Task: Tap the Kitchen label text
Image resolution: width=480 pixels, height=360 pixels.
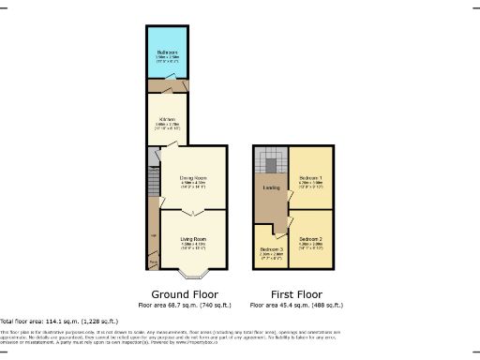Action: coord(168,119)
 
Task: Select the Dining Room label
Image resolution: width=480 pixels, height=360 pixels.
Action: coord(193,177)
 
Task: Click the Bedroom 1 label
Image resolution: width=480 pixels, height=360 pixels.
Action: coord(310,177)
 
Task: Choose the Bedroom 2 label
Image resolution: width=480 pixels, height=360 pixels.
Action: coord(310,239)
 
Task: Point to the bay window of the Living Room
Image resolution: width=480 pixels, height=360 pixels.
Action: coord(193,276)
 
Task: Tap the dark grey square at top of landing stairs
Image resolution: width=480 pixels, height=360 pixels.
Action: coord(270,166)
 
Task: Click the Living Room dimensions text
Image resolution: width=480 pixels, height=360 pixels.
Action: coord(193,247)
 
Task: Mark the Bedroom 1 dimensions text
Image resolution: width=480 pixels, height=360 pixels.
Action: coord(310,185)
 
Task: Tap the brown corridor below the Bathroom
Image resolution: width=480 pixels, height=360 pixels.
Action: coord(168,86)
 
